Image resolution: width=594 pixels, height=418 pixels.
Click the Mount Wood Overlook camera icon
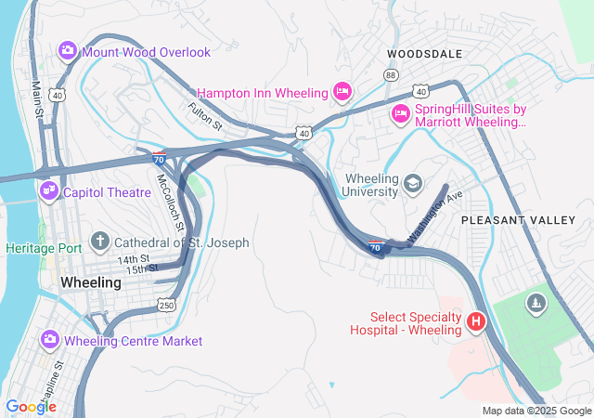[x=68, y=51]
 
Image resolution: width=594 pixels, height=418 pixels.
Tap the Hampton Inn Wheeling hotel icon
[x=342, y=92]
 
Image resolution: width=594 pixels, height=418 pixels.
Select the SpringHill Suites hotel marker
[x=401, y=113]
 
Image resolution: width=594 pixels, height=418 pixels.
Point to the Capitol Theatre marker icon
[x=47, y=192]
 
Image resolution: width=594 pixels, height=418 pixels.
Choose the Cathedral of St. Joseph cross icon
[x=99, y=242]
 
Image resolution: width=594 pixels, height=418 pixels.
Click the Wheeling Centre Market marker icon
[x=47, y=341]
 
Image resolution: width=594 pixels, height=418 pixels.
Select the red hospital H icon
[x=476, y=321]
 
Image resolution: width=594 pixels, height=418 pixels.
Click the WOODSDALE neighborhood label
[x=424, y=54]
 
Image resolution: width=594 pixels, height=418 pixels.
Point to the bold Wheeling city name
[x=91, y=281]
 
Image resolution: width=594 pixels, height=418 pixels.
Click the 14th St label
[x=133, y=259]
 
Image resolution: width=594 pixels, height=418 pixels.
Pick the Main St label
[x=38, y=98]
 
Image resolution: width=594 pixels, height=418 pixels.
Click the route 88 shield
[x=391, y=74]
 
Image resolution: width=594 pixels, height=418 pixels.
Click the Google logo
[x=30, y=406]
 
